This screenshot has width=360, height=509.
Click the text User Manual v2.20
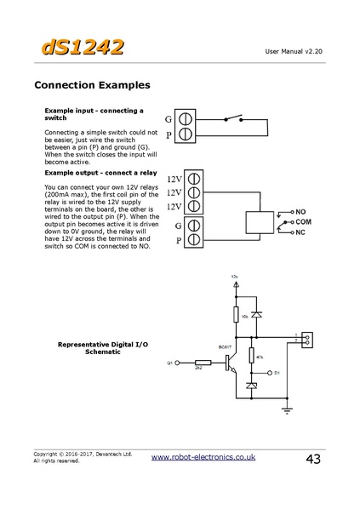[x=295, y=52]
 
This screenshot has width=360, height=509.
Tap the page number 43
[x=312, y=460]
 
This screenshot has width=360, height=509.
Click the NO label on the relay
[x=300, y=209]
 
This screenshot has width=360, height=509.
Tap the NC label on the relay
[x=300, y=232]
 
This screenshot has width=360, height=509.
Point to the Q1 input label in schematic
[x=170, y=363]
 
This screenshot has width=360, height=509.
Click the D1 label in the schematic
[x=277, y=373]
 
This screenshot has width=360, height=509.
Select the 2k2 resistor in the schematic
[x=202, y=363]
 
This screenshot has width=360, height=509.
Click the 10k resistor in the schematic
[x=236, y=316]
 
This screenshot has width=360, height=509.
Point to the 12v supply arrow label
[x=236, y=278]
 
